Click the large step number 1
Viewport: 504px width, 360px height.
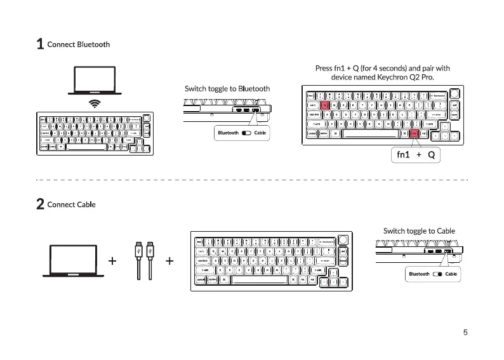40,44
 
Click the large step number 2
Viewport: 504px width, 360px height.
40,204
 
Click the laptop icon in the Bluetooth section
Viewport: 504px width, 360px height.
95,81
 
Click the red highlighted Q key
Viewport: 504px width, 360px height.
324,105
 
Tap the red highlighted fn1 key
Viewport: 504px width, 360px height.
414,133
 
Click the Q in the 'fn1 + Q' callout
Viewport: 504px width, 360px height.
431,155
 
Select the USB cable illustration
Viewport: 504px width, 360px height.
144,260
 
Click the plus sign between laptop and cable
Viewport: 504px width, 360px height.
112,261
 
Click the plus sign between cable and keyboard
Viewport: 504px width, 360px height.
170,261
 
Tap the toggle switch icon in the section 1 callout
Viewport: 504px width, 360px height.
246,133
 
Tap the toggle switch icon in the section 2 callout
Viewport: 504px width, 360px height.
437,274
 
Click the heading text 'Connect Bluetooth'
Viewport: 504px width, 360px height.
78,44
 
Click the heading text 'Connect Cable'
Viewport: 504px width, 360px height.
71,204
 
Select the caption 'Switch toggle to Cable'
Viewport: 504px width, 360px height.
418,230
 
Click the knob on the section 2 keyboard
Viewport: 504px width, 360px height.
343,240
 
